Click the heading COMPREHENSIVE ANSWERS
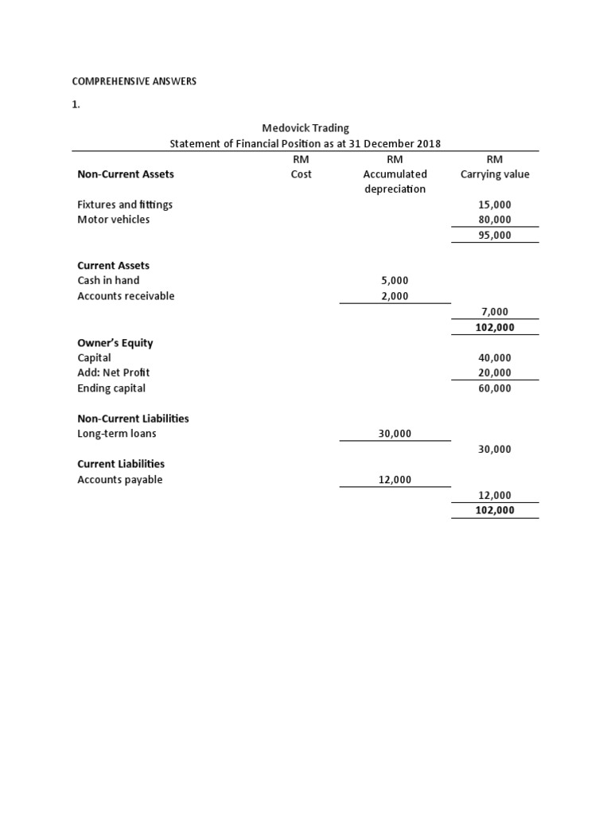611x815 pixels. coord(134,81)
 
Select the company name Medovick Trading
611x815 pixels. coord(305,127)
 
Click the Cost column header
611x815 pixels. coord(301,174)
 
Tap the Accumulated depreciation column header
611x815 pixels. coord(395,181)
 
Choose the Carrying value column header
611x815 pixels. coord(495,174)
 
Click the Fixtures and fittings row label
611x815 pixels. coord(125,205)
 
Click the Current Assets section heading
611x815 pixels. coord(113,265)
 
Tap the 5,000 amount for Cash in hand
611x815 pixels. coord(395,280)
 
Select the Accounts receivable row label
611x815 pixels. coord(126,296)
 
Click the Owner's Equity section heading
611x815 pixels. coord(115,343)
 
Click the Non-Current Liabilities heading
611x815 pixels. coord(133,418)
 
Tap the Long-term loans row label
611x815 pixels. coord(117,434)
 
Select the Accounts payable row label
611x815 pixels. coord(119,479)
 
